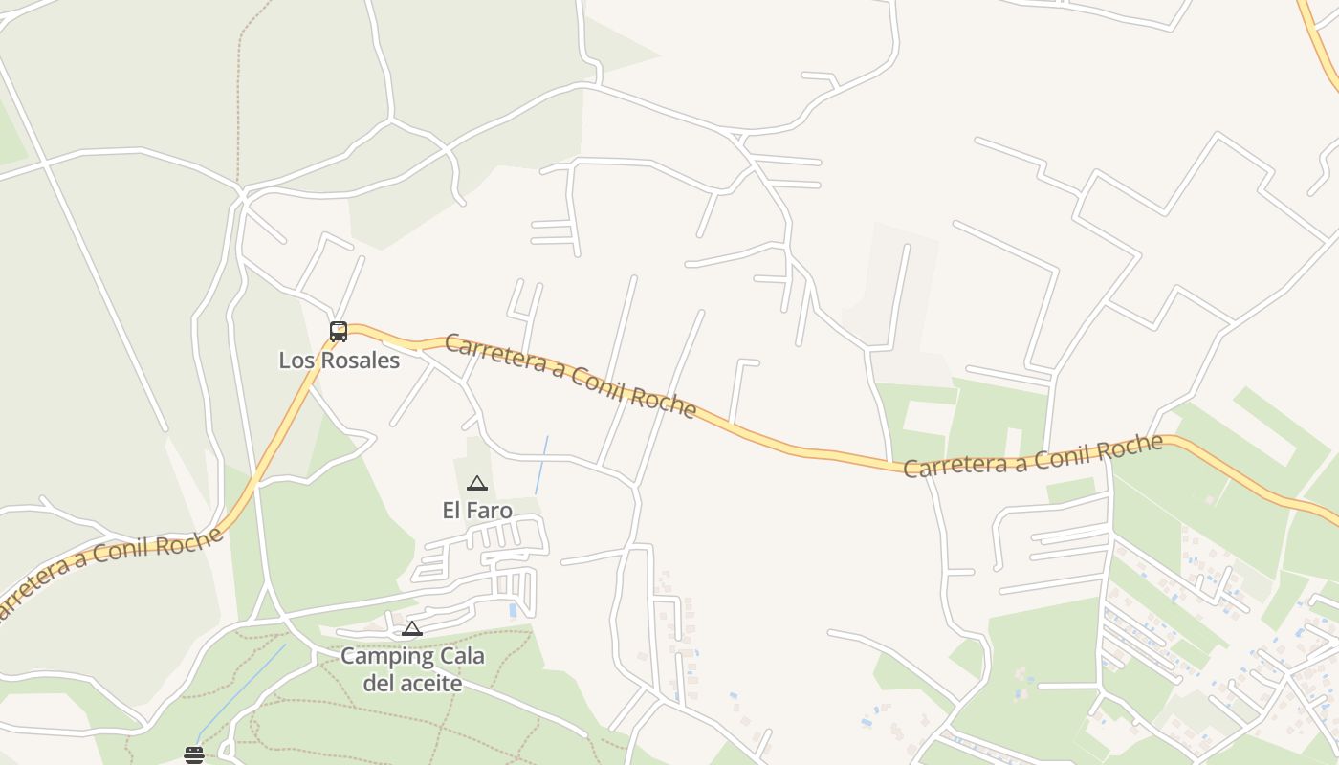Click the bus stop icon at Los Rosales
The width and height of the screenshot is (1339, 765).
pos(339,332)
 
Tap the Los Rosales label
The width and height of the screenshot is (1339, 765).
pos(339,361)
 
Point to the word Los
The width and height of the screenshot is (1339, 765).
pos(296,361)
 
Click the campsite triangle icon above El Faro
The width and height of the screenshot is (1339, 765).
pos(477,484)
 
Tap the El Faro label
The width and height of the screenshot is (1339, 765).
pos(477,511)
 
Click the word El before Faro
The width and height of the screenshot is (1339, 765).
pos(451,511)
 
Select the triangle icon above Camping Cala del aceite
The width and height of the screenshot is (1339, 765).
pos(412,629)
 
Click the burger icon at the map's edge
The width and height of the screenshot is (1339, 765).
pos(194,755)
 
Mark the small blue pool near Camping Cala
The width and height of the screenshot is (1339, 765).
pos(513,610)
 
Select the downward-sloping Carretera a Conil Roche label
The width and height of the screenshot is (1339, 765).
pos(570,375)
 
